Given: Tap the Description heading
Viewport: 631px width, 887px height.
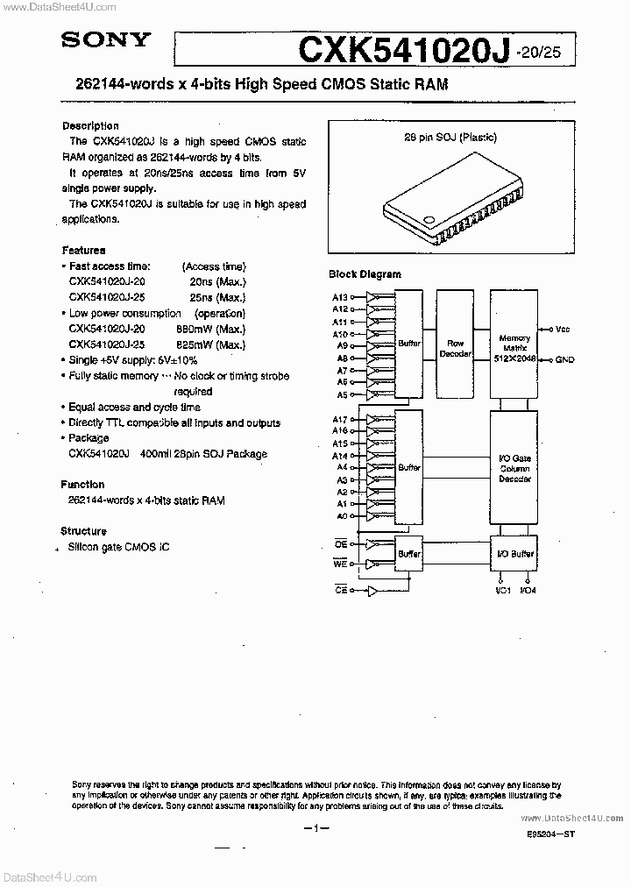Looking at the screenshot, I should point(90,125).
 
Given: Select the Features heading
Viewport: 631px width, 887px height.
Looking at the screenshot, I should point(83,250).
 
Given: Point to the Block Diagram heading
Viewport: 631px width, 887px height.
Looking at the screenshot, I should point(365,274).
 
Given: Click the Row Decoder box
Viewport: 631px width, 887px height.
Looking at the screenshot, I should point(455,348).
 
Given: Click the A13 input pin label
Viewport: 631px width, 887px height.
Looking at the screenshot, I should point(340,298).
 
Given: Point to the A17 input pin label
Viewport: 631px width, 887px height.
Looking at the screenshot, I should point(340,420).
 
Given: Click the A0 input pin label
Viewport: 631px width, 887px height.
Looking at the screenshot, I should point(342,516).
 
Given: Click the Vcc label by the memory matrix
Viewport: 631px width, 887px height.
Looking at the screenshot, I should point(563,330).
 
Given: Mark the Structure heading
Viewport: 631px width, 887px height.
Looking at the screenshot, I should point(83,531).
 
